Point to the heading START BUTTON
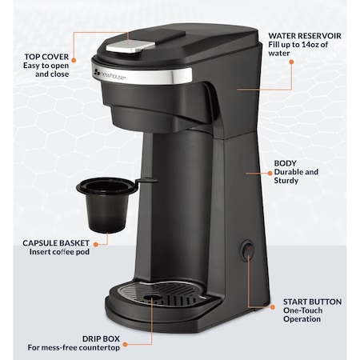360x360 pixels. coord(313,302)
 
